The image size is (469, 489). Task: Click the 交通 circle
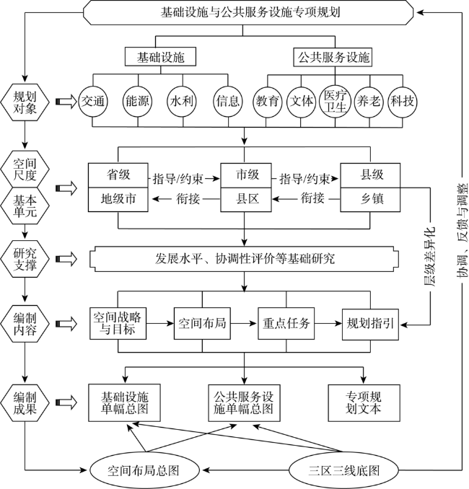92,102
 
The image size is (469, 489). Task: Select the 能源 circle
138,102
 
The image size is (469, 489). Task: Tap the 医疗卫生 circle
335,102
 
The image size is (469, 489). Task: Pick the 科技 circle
403,102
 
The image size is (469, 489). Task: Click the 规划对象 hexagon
25,102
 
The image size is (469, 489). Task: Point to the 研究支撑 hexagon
25,259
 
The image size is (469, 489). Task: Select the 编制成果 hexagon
25,403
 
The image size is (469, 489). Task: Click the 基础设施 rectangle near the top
160,57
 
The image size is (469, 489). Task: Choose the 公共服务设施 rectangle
333,57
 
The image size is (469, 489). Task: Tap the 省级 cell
118,175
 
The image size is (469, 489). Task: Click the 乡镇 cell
370,200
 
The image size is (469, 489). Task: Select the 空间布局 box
202,323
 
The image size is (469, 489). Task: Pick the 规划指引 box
370,324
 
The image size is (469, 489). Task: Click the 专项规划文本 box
364,403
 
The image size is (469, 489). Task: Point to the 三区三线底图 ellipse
344,470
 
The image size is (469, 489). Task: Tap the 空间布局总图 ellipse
144,470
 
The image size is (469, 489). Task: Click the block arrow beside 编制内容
66,324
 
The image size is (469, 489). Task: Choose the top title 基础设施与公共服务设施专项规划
250,12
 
